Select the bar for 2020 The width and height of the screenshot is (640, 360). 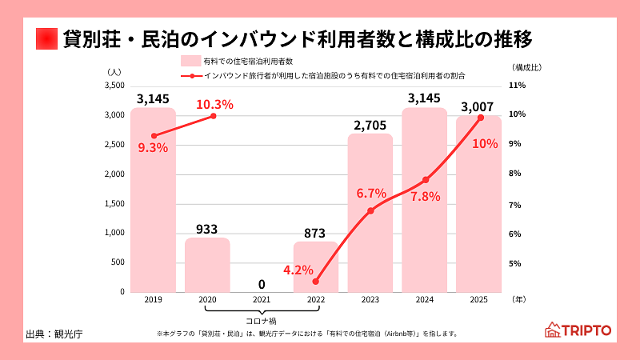pos(207,265)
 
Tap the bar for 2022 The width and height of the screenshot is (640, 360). pos(315,266)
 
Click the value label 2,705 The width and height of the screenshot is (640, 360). pos(370,124)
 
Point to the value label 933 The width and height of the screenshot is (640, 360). pos(207,229)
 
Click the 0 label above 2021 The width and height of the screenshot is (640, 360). pos(262,283)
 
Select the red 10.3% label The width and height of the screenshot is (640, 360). pos(214,104)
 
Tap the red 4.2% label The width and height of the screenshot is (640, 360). pos(298,270)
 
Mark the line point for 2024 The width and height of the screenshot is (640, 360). pos(426,180)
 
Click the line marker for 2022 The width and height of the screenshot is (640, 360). pos(315,282)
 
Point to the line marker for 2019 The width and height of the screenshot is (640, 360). pos(154,136)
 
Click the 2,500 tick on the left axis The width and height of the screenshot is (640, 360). pos(114,145)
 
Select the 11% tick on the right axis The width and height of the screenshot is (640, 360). pos(516,85)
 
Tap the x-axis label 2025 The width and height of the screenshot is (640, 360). pos(478,300)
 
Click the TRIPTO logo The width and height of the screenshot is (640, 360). pos(578,330)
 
